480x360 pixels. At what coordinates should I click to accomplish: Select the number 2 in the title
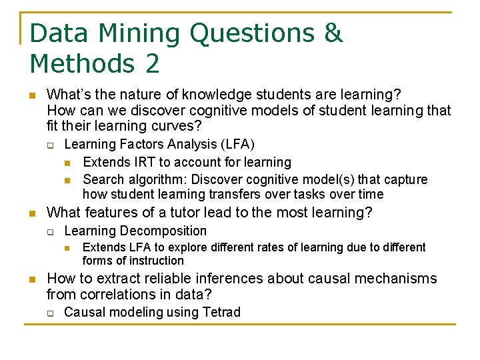151,64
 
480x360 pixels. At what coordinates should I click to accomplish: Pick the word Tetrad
219,312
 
